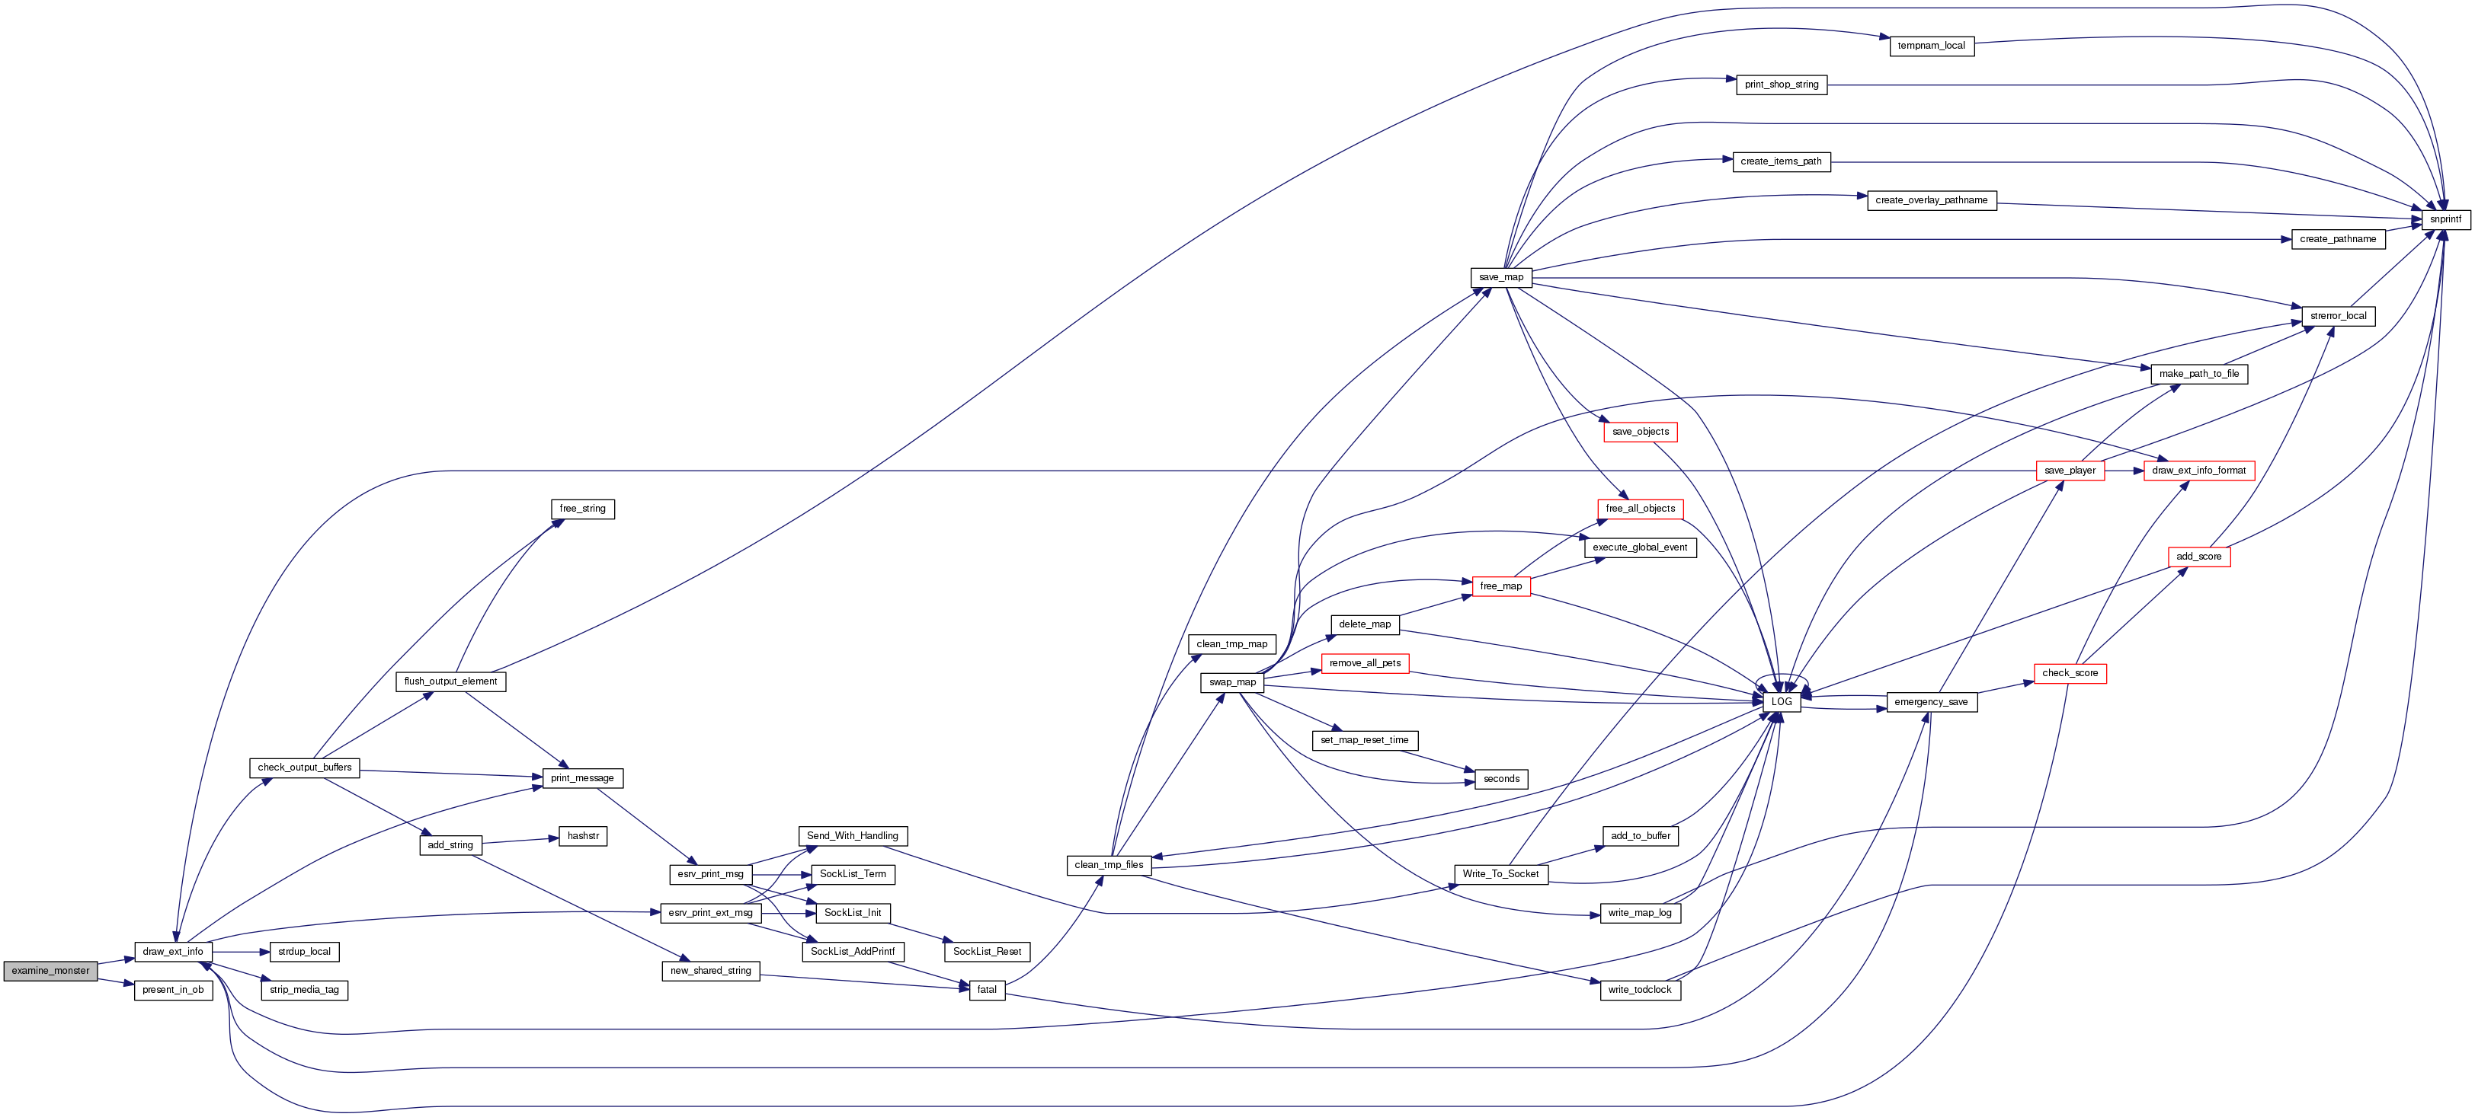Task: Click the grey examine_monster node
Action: point(50,971)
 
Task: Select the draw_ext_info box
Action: point(173,952)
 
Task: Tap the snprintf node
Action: point(2445,220)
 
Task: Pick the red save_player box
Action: point(2070,471)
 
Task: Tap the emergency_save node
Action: point(1931,702)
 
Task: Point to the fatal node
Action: point(987,990)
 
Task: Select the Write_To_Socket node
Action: point(1500,874)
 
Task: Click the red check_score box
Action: point(2070,673)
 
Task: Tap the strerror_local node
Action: point(2339,316)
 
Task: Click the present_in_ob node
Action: point(173,990)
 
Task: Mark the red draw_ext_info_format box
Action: point(2198,471)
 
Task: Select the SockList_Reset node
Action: point(987,952)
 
